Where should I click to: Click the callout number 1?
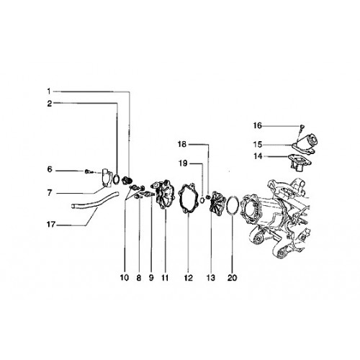point(49,91)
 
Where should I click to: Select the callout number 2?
point(50,104)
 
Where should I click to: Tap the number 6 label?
point(50,169)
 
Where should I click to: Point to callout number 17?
point(51,225)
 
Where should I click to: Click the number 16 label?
point(258,125)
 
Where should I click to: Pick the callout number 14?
point(258,156)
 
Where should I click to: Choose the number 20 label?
point(232,278)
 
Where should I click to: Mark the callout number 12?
point(189,278)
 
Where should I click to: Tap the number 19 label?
point(183,163)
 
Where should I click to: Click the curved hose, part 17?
point(96,202)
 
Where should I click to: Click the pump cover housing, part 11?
point(164,195)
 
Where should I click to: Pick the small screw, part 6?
point(88,171)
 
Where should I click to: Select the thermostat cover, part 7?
point(106,178)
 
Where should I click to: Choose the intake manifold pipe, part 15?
point(305,143)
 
